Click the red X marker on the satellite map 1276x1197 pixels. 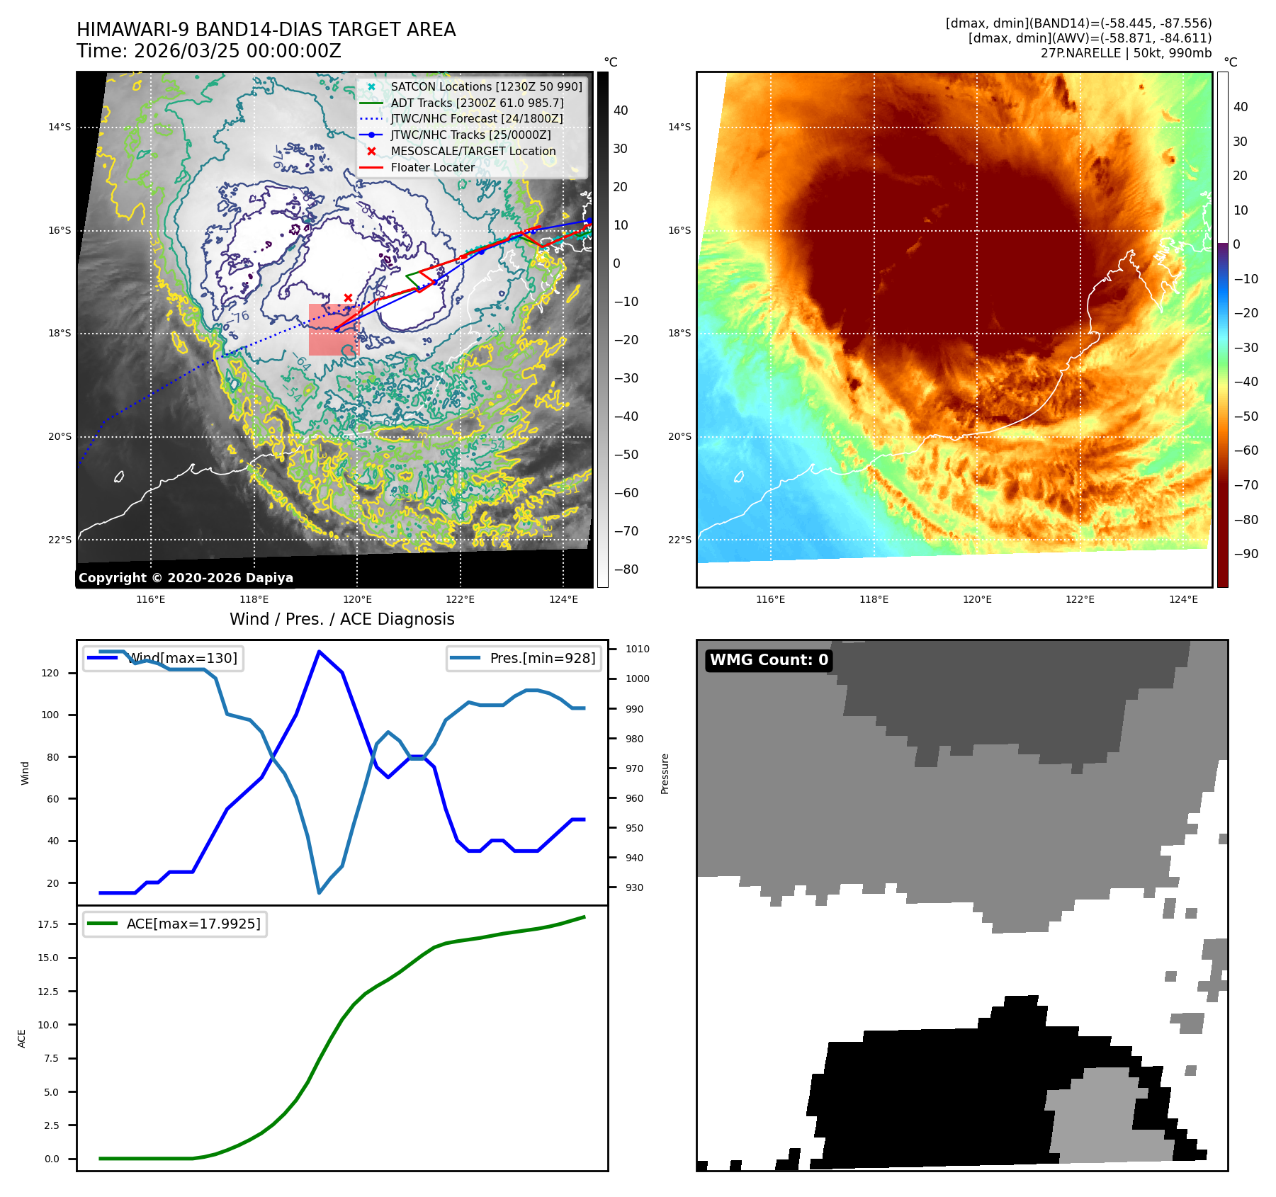[348, 297]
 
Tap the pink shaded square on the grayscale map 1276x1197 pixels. [334, 330]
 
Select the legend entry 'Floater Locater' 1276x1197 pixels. [432, 168]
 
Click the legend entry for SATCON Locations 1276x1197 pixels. [486, 86]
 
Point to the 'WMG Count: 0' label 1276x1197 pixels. [769, 660]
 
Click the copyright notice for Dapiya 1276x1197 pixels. [186, 578]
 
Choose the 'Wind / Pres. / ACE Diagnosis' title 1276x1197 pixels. [342, 619]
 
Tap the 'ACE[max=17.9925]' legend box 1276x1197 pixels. [175, 924]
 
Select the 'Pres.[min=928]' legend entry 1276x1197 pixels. [524, 658]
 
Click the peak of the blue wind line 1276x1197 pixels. [320, 652]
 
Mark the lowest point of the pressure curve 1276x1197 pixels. [319, 892]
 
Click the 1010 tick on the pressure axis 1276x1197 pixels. [637, 649]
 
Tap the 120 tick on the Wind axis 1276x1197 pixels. [50, 673]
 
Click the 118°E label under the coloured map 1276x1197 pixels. [874, 599]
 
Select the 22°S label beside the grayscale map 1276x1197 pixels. [60, 540]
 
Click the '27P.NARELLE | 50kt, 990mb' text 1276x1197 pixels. [1126, 53]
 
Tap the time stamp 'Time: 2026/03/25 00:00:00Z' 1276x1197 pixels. [209, 51]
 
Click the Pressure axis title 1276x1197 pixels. [665, 773]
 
